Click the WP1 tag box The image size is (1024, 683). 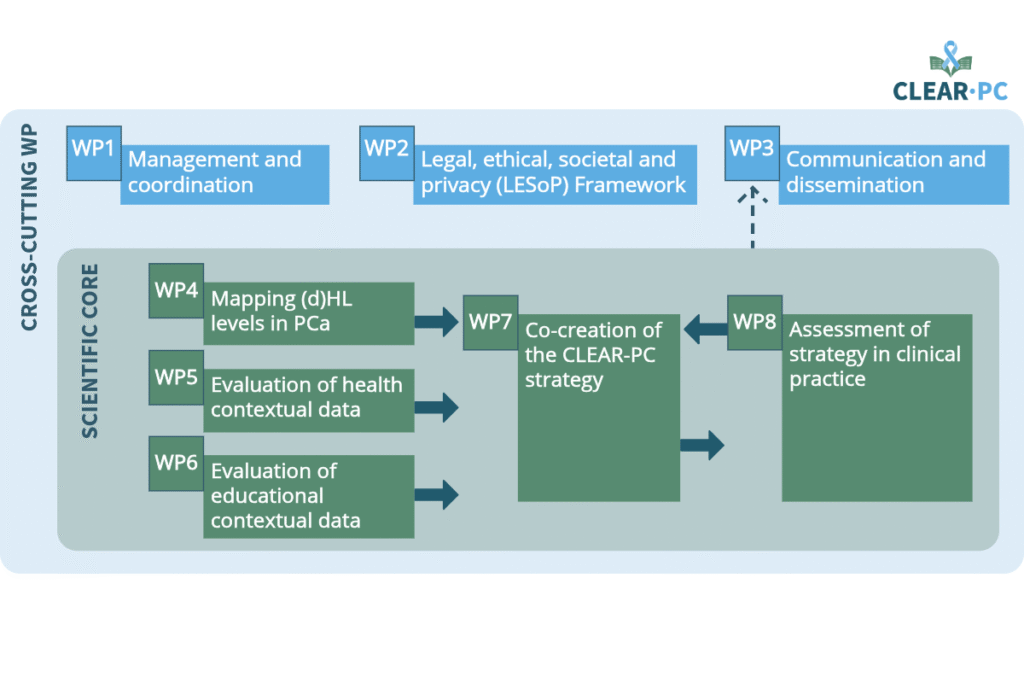(x=93, y=153)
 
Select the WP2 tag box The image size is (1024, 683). (x=387, y=153)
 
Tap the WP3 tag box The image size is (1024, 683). (x=752, y=153)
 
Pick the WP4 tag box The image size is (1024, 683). (x=176, y=291)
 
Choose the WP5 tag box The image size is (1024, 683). (x=176, y=377)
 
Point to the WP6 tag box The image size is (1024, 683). (x=176, y=464)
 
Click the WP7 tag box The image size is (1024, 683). (x=490, y=323)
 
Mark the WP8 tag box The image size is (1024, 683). (x=755, y=323)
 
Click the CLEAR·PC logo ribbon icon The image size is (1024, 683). (x=951, y=58)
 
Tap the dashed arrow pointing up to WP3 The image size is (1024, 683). (x=752, y=217)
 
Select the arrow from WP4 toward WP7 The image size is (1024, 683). (x=436, y=322)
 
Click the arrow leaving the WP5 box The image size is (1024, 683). (x=436, y=407)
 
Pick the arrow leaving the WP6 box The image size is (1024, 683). (x=436, y=494)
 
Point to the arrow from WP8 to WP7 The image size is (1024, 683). (x=705, y=329)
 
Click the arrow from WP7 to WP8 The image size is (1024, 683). (x=702, y=445)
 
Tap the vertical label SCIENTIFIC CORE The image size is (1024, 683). (x=89, y=351)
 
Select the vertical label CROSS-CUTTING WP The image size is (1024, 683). (x=29, y=227)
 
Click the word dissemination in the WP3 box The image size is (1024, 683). (x=855, y=185)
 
